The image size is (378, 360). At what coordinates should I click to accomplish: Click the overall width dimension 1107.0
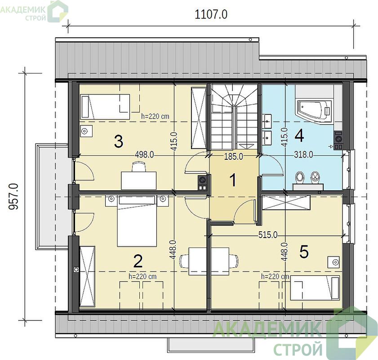[211, 14]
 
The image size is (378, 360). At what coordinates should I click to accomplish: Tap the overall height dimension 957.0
[13, 196]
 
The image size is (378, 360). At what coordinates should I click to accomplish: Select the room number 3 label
[119, 141]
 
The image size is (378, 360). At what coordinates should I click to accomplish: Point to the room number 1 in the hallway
[233, 180]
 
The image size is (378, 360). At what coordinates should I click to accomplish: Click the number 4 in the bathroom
[299, 135]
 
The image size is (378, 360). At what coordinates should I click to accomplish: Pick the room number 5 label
[304, 252]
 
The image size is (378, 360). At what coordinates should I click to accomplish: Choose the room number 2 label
[138, 261]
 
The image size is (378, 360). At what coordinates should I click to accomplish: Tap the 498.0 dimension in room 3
[144, 155]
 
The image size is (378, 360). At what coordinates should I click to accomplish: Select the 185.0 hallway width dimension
[234, 157]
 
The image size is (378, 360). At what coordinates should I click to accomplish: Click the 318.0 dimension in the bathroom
[303, 154]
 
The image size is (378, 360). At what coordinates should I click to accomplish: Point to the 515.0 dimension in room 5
[268, 235]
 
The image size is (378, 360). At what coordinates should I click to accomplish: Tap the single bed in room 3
[105, 107]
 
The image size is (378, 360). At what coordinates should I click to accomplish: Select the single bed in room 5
[315, 288]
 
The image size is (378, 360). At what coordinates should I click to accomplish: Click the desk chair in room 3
[139, 167]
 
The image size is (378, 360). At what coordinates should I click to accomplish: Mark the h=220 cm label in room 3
[155, 116]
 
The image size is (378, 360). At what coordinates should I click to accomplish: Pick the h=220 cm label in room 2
[142, 276]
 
